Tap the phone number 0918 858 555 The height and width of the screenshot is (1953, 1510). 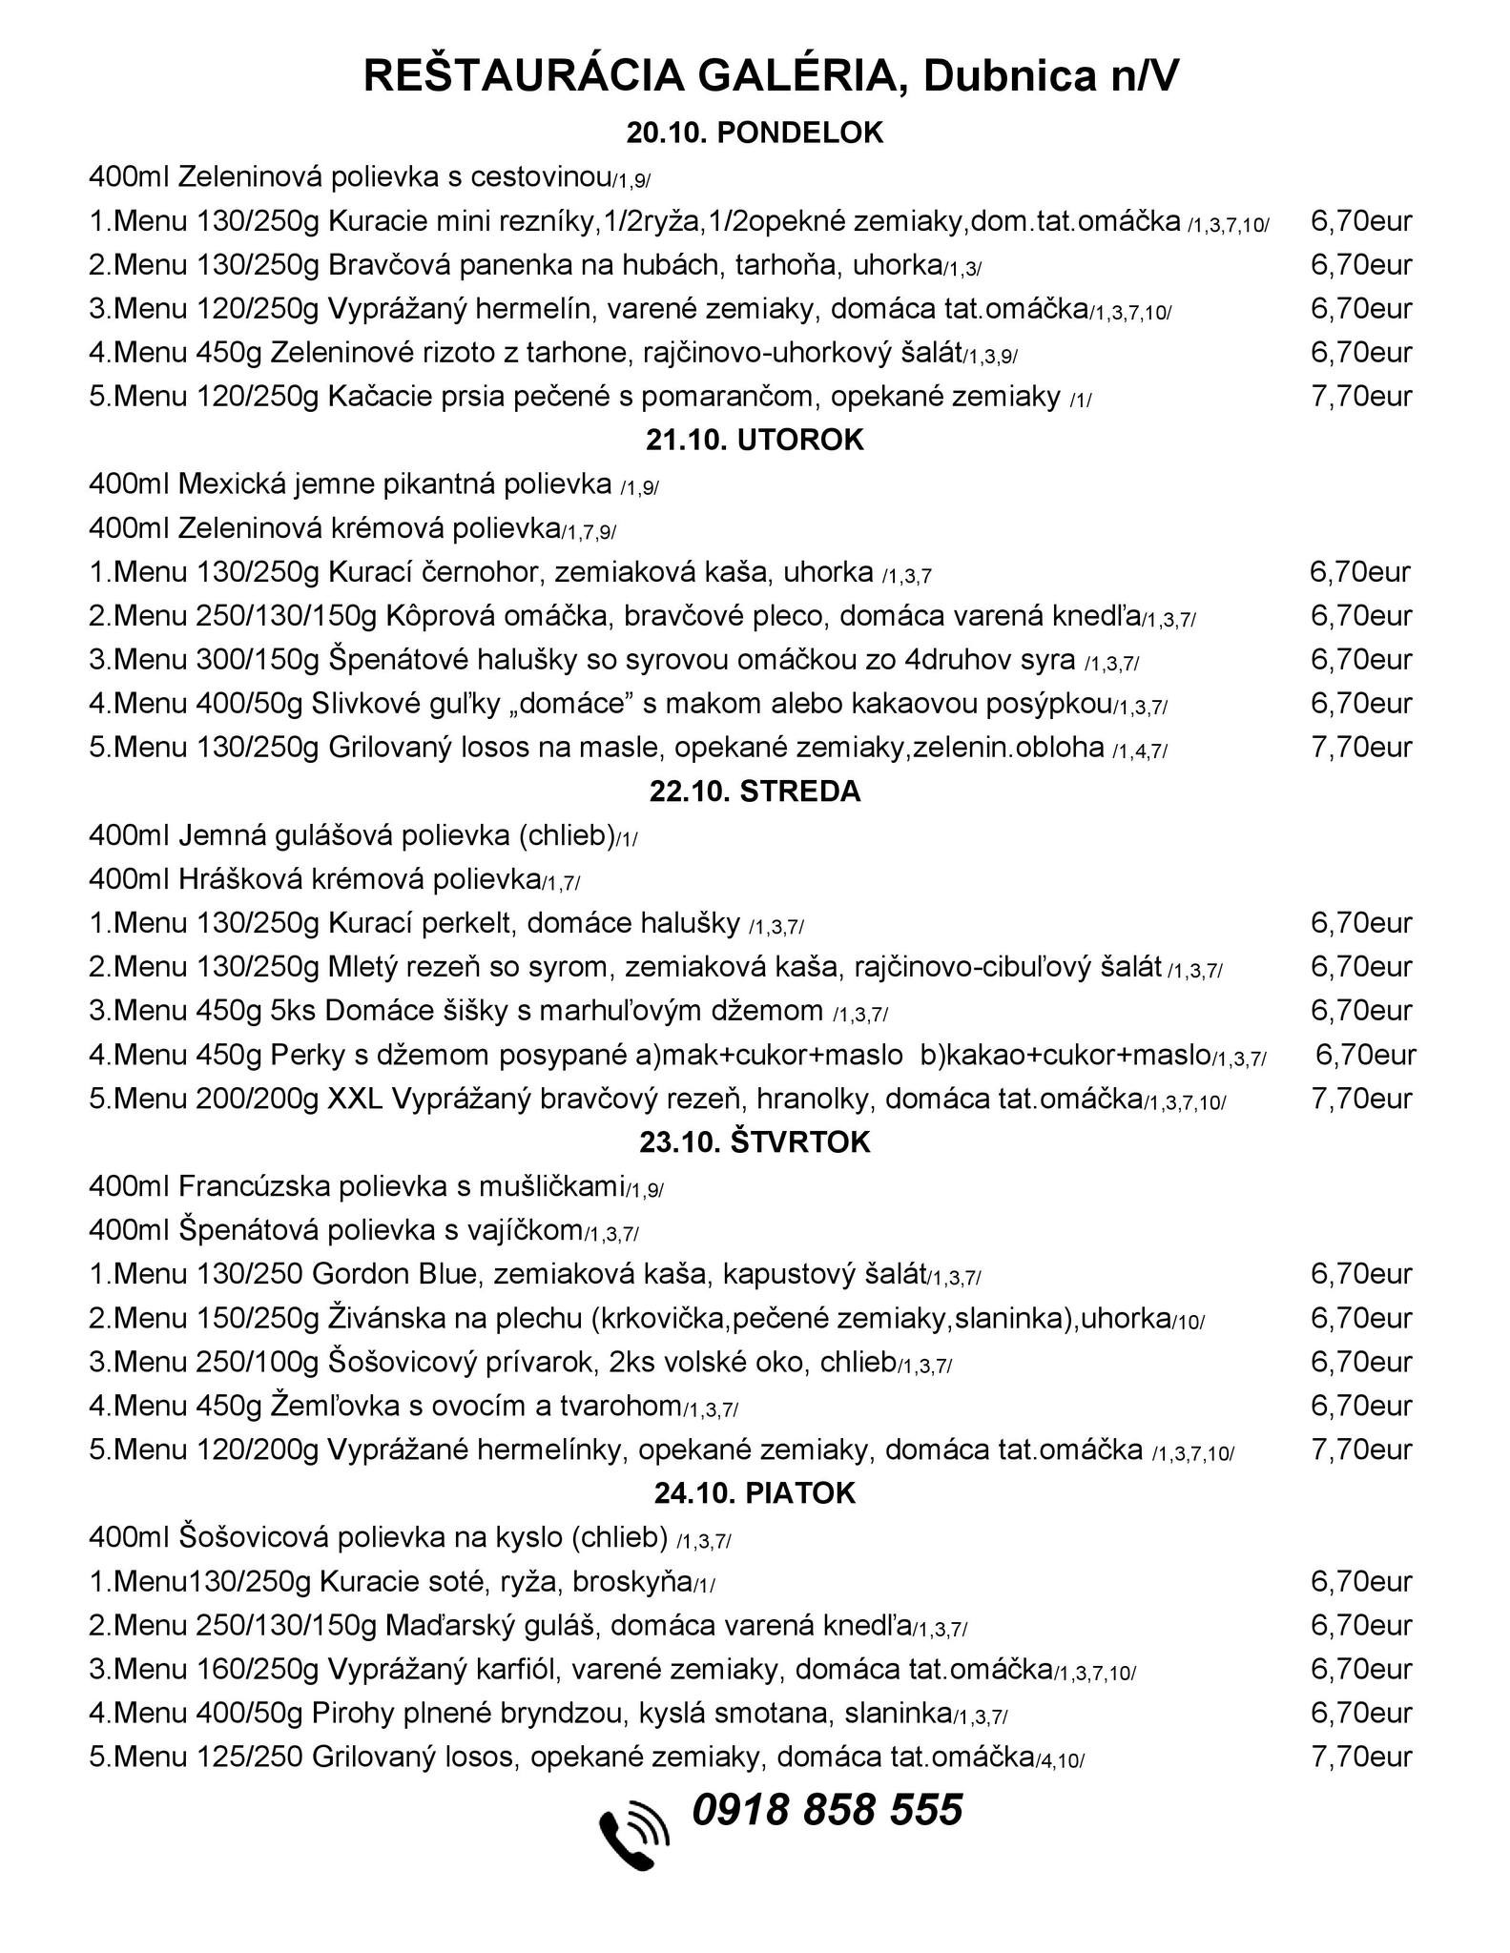827,1810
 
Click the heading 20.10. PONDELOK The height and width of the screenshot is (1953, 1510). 755,134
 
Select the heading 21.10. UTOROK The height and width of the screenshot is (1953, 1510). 755,441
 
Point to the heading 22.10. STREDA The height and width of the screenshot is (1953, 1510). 755,791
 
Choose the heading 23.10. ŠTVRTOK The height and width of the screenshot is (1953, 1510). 755,1142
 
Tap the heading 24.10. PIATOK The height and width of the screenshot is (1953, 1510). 755,1493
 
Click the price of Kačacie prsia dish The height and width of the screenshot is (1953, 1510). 1361,396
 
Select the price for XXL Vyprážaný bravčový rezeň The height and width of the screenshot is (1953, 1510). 1361,1099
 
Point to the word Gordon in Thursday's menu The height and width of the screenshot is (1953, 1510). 358,1275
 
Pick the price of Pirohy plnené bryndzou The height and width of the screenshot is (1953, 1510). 1361,1714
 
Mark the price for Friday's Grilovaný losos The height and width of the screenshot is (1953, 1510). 1361,1758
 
